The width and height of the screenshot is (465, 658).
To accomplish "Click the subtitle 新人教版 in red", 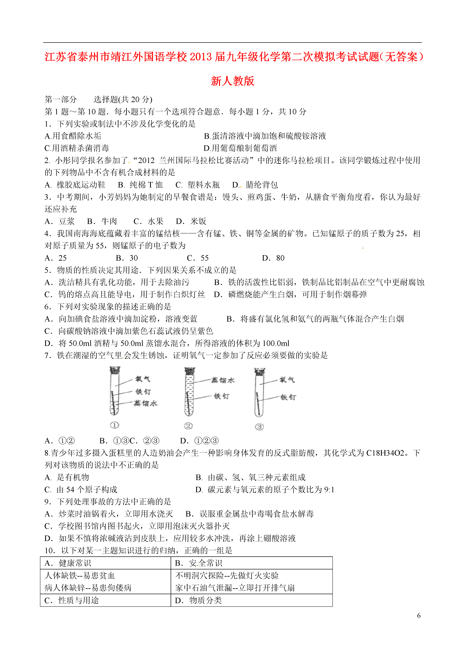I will [x=232, y=81].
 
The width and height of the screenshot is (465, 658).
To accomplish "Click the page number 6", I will [x=419, y=615].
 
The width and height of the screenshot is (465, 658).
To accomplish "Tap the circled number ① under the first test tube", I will [x=114, y=425].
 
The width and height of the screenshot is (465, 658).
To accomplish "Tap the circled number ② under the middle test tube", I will [x=188, y=426].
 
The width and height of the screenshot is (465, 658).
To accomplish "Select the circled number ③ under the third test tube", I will [x=259, y=427].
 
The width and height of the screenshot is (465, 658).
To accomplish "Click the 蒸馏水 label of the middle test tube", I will [x=223, y=380].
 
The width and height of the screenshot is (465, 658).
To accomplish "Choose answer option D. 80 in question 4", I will [x=273, y=258].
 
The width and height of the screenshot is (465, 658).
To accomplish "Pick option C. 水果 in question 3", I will [x=148, y=221].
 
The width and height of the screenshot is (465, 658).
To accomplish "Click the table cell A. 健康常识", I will [x=68, y=563].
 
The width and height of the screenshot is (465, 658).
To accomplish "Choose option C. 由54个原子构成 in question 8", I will [x=81, y=490].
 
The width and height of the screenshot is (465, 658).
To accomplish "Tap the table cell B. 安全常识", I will [x=199, y=563].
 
